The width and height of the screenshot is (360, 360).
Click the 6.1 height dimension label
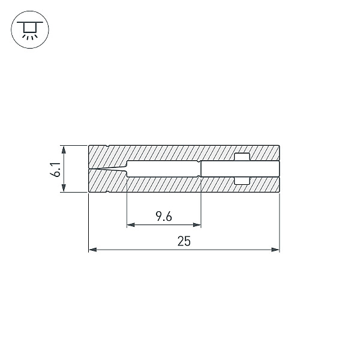(55, 170)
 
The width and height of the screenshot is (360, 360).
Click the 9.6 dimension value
(164, 216)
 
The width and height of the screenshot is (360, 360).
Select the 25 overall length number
(184, 241)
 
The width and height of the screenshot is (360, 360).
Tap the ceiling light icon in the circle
(30, 29)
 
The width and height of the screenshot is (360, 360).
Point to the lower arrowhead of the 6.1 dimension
(64, 188)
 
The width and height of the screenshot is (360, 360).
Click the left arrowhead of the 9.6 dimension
(131, 225)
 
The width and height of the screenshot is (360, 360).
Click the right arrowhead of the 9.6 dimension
(197, 225)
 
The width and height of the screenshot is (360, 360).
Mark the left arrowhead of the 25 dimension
(93, 250)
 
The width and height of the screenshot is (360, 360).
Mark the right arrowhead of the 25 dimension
(275, 250)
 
